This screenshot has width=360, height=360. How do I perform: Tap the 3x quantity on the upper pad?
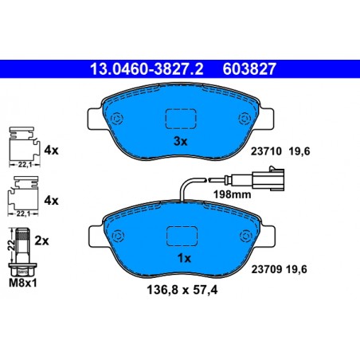180,141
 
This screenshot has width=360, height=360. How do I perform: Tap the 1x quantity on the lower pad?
181,258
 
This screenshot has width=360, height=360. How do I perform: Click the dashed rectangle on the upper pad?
180,119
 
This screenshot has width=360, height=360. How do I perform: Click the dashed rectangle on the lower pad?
181,237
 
